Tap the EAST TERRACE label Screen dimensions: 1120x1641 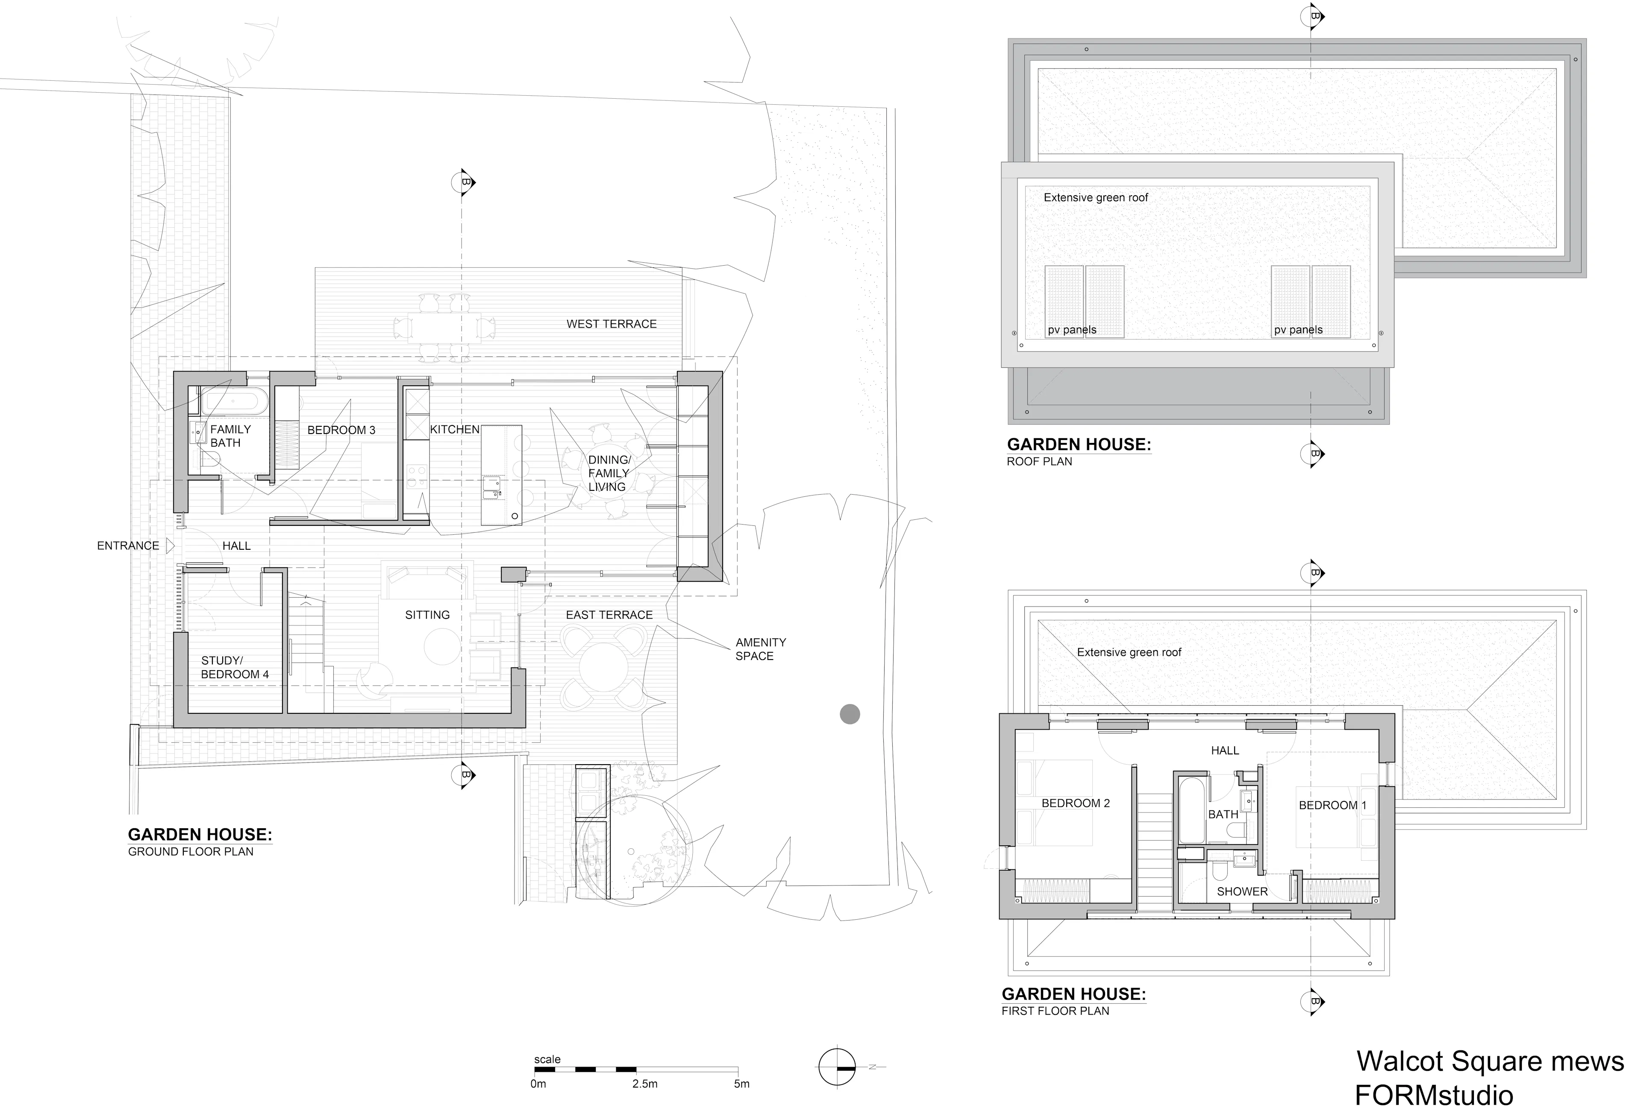pos(609,615)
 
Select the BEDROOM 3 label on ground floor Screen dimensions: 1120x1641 pos(341,430)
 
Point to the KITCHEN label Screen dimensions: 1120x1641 pos(455,429)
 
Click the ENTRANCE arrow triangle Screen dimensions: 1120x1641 pos(170,545)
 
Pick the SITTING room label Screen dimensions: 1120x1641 pos(427,615)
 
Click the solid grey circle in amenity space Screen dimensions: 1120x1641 pos(850,714)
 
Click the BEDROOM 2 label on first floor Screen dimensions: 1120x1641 pos(1075,803)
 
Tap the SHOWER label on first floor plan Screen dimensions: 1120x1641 pos(1242,891)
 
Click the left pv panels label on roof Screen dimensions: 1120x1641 pos(1072,330)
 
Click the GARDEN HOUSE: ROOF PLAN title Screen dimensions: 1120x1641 pos(1078,452)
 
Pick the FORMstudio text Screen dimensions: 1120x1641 pos(1433,1095)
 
